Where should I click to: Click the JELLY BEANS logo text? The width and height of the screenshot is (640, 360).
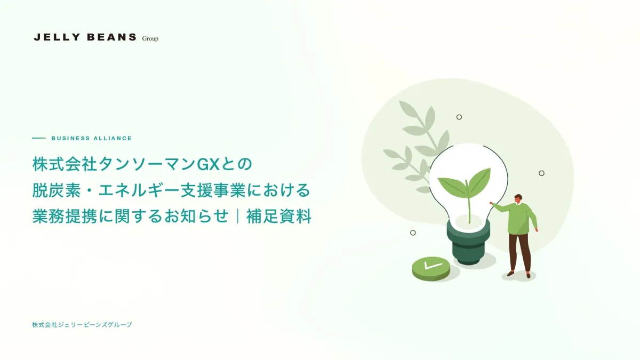coord(85,37)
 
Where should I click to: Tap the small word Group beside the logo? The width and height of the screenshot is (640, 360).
coord(150,38)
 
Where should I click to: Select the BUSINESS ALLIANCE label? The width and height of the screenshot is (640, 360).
coord(92,138)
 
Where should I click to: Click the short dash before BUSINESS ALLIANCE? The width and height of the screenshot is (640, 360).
coord(39,138)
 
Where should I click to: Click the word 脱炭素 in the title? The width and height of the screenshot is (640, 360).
coord(57,190)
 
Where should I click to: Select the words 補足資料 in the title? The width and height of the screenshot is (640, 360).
coord(279,216)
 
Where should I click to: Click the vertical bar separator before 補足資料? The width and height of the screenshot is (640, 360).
coord(238,216)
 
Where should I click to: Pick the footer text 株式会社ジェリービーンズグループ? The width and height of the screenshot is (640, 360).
coord(82,325)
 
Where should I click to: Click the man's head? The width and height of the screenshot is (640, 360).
coord(518,199)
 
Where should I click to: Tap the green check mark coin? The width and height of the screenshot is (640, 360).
coord(431,268)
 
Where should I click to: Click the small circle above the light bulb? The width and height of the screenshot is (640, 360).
coord(459,117)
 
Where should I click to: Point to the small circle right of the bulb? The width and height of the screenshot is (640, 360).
coord(541,173)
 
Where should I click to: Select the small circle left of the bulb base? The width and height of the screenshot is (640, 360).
coord(413,233)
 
